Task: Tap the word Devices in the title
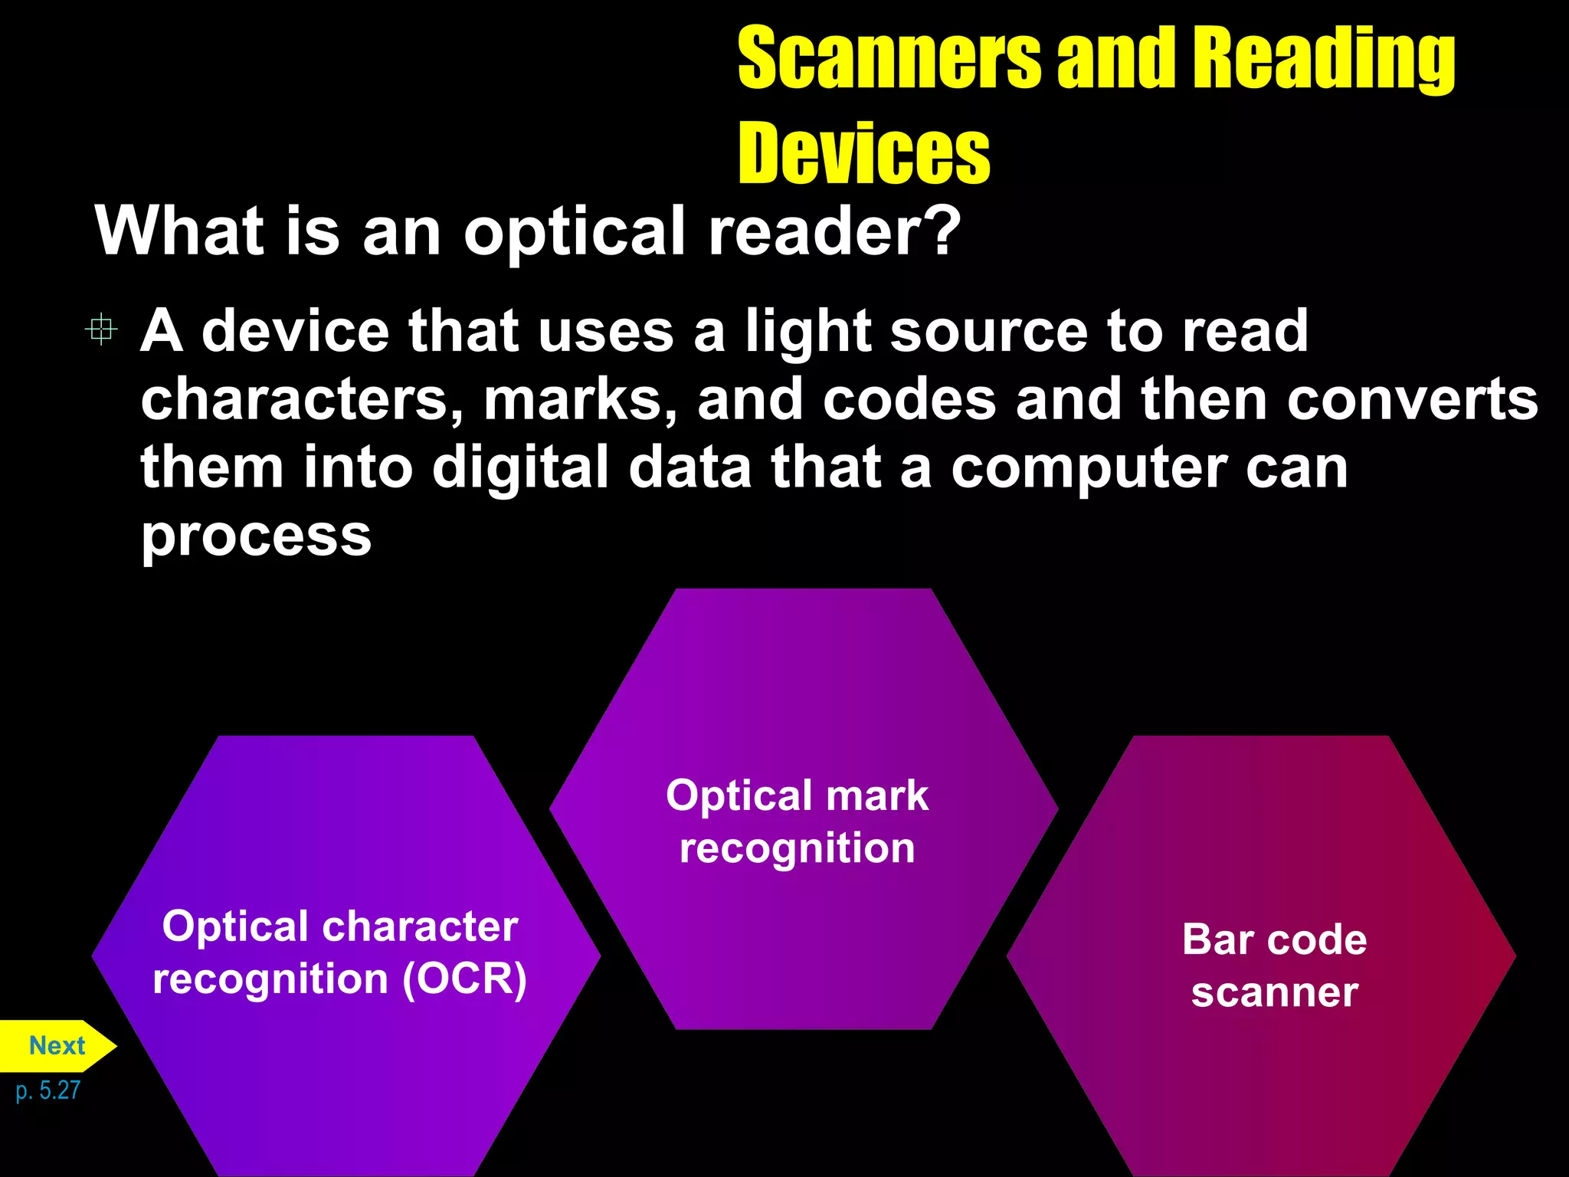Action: pos(863,153)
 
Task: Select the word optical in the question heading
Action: pos(574,232)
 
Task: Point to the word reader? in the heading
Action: pos(834,231)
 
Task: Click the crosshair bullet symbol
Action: pos(101,329)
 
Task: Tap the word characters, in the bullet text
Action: pos(302,400)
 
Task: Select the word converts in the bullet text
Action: pos(1412,400)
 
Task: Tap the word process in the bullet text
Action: pos(256,536)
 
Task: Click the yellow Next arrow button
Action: pos(57,1045)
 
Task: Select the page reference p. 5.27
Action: pos(47,1090)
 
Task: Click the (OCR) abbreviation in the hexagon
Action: pos(465,979)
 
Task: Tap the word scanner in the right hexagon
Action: pos(1275,992)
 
